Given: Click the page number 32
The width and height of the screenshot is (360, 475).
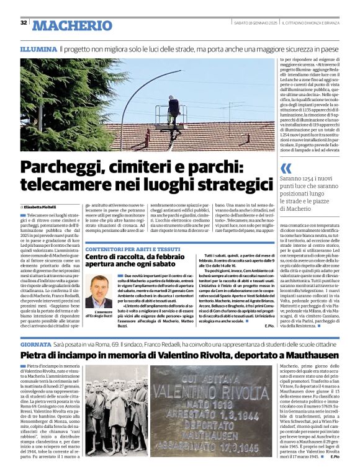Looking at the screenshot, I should coord(24,23).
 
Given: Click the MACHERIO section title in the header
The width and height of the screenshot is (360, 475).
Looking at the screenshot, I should coord(71,25).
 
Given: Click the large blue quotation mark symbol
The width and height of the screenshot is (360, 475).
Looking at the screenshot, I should coord(286,168).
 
